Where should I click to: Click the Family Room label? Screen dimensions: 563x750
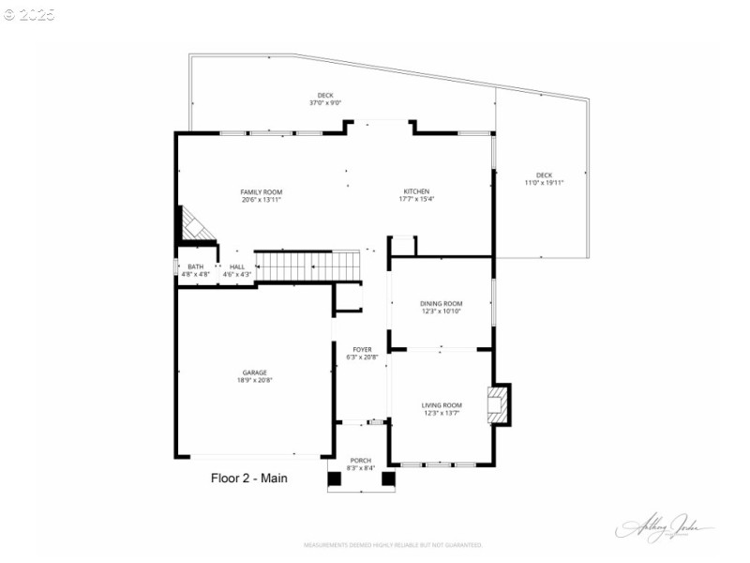click(261, 191)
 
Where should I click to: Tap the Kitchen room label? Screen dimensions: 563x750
click(417, 191)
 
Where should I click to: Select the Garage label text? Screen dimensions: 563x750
click(254, 373)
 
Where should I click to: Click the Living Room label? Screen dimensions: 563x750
click(442, 405)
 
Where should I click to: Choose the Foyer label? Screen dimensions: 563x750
click(362, 349)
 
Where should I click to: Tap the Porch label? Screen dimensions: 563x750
click(360, 460)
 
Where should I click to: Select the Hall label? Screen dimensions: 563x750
click(236, 266)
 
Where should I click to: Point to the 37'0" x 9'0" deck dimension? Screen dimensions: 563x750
click(325, 103)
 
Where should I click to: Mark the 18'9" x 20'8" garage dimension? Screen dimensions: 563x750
click(254, 381)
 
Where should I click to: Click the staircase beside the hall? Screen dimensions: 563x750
click(308, 265)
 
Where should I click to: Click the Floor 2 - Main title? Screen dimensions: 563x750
click(248, 478)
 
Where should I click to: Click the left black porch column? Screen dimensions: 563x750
click(334, 479)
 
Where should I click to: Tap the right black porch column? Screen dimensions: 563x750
click(387, 479)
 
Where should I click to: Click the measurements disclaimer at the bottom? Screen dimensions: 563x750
click(393, 544)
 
